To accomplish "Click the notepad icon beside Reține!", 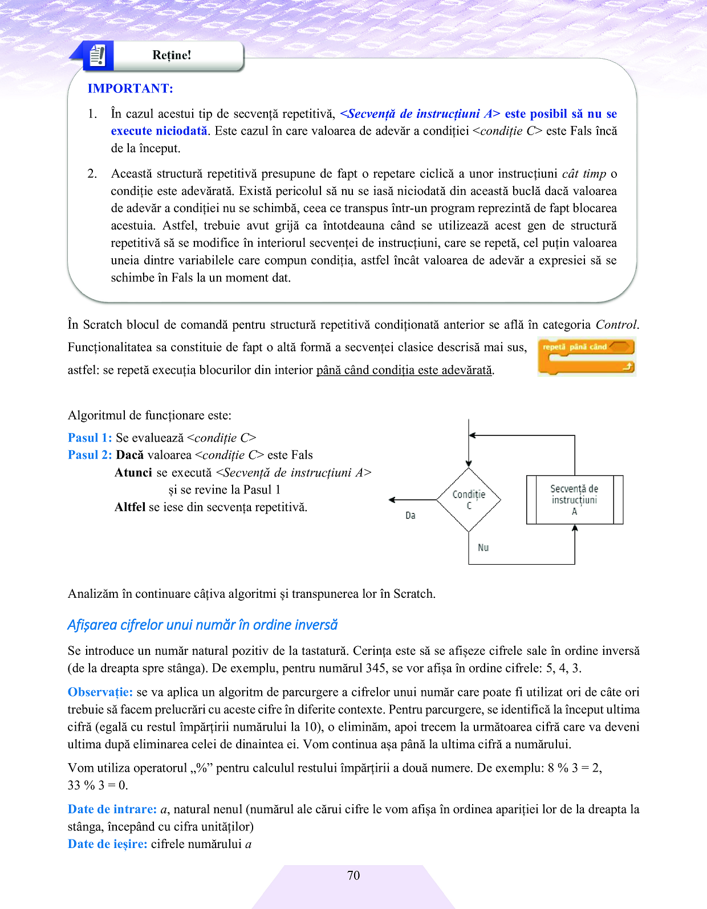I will click(x=97, y=55).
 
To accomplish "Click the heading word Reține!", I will click(x=172, y=55).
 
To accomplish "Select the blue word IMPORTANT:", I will click(x=130, y=88).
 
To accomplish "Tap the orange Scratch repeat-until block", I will click(x=586, y=357).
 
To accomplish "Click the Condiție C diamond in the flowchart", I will click(x=469, y=500).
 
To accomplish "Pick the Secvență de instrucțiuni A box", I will click(x=574, y=500).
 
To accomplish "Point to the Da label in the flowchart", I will click(x=411, y=515).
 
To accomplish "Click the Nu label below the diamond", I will click(x=483, y=547).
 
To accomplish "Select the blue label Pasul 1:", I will click(x=90, y=438).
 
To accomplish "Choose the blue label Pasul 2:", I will click(x=90, y=455).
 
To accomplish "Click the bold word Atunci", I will click(x=133, y=472).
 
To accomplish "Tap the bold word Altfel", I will click(x=130, y=507).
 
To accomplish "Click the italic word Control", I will click(x=616, y=325).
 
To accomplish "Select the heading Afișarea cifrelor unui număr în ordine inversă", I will click(x=202, y=625).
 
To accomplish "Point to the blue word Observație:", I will click(x=100, y=692).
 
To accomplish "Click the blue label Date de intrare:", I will click(x=112, y=809).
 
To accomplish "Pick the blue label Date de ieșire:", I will click(x=108, y=844).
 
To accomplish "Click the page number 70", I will click(x=353, y=875).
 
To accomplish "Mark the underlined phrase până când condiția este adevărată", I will click(x=404, y=370).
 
